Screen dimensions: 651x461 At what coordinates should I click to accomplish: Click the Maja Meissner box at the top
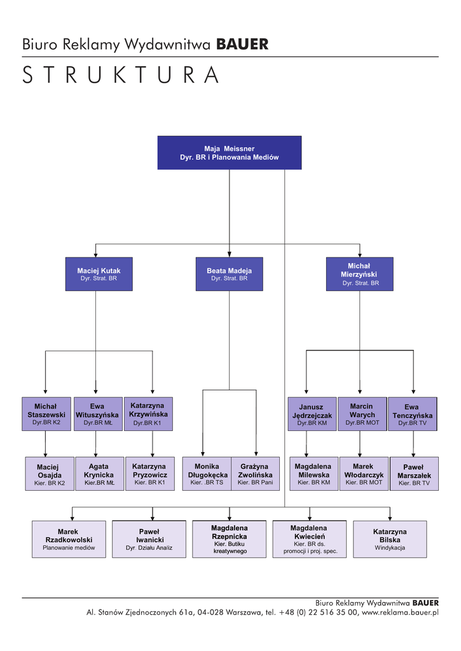point(229,153)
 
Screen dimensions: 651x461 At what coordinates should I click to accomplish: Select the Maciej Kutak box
point(99,274)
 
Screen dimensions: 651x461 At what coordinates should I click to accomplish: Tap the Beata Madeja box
point(229,274)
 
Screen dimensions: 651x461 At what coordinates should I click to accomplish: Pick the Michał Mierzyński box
point(360,274)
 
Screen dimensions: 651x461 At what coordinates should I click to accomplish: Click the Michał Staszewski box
point(46,414)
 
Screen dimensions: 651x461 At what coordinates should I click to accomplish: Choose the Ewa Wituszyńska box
point(97,414)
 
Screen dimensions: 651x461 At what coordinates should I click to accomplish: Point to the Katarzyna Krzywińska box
point(147,414)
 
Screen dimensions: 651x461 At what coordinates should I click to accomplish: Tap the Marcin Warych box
point(362,414)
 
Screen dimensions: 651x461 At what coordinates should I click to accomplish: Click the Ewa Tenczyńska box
point(412,414)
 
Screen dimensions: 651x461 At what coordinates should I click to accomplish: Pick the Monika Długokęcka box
point(207,474)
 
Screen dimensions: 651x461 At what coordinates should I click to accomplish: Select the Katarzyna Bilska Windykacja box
point(390,539)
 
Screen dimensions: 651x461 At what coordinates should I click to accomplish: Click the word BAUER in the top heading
point(242,45)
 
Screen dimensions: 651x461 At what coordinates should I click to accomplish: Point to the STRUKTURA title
point(120,75)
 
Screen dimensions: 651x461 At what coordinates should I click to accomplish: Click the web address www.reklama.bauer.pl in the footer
point(400,613)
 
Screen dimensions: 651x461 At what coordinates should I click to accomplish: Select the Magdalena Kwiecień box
point(310,539)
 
